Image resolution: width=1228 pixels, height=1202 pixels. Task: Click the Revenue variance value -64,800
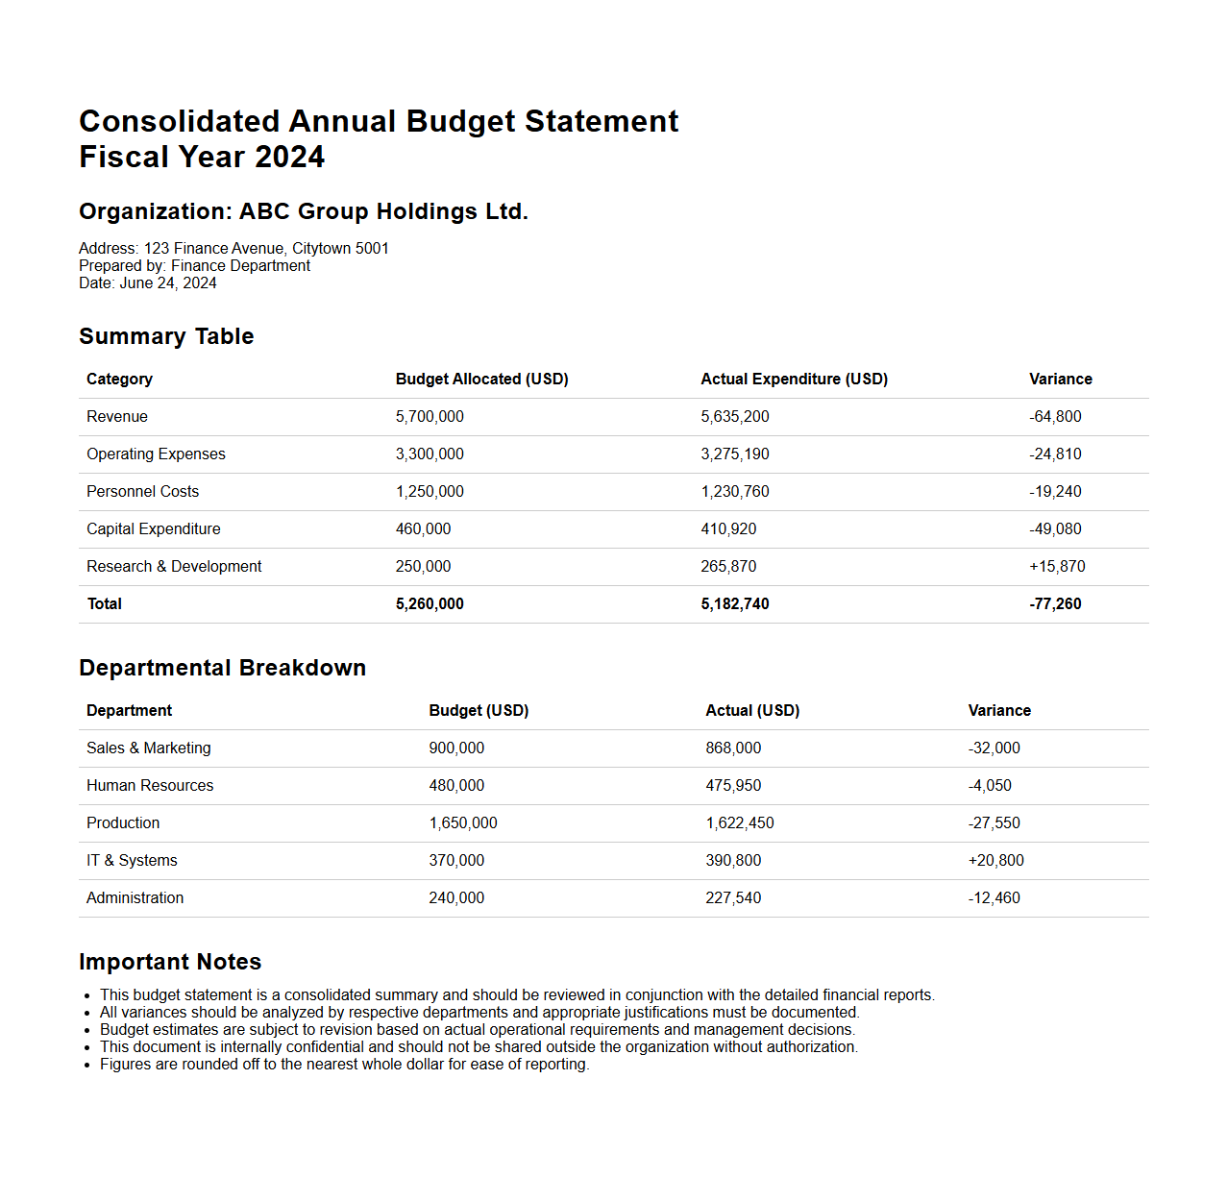[1055, 417]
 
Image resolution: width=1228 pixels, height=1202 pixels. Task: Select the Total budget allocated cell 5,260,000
[430, 604]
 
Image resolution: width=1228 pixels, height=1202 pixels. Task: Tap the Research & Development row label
[174, 567]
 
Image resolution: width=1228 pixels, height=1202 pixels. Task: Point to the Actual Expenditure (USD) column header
[794, 380]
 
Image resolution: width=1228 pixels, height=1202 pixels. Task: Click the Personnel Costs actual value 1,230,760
[735, 492]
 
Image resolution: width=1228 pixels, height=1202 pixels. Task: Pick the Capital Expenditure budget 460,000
[423, 529]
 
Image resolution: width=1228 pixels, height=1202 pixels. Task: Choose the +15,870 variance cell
[1057, 567]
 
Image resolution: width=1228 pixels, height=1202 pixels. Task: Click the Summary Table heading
[166, 336]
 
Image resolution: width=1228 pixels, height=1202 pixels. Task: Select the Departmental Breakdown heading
[222, 668]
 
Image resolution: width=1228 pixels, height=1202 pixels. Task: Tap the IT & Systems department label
[132, 861]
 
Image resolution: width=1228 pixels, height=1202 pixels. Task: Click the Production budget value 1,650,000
[463, 823]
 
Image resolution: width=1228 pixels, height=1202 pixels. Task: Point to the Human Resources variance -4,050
[990, 786]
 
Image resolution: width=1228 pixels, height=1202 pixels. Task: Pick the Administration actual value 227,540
[733, 898]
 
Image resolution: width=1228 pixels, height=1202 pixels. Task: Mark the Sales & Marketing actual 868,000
[733, 748]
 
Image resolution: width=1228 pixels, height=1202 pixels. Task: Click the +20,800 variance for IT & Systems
[995, 861]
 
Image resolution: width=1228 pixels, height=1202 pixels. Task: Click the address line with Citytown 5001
[233, 249]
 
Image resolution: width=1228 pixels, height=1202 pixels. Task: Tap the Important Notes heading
[170, 962]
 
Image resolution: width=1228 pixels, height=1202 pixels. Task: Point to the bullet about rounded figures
[344, 1065]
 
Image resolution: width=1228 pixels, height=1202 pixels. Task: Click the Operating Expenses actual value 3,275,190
[735, 454]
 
